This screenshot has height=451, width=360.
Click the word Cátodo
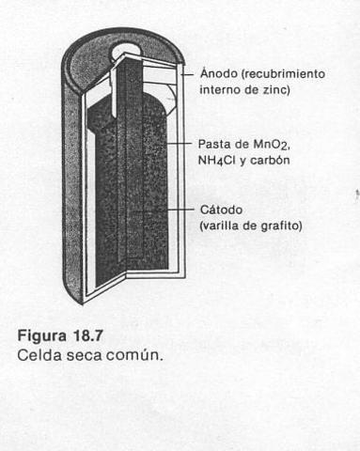(221, 209)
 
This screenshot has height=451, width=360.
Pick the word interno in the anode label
(220, 89)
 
